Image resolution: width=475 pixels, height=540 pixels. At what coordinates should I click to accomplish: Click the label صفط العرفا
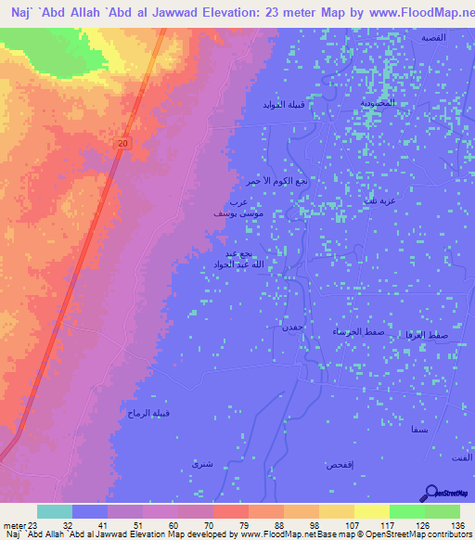point(428,333)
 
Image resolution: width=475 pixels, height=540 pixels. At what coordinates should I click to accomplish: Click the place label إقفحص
point(337,464)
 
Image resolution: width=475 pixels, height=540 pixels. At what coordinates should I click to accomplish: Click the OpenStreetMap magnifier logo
point(431,493)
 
